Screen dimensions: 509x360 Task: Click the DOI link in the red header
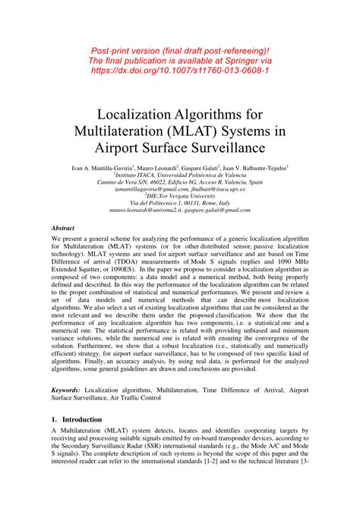pyautogui.click(x=180, y=68)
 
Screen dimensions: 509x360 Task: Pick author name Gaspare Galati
pyautogui.click(x=203, y=167)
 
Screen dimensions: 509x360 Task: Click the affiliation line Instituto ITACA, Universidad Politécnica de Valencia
pyautogui.click(x=180, y=175)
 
